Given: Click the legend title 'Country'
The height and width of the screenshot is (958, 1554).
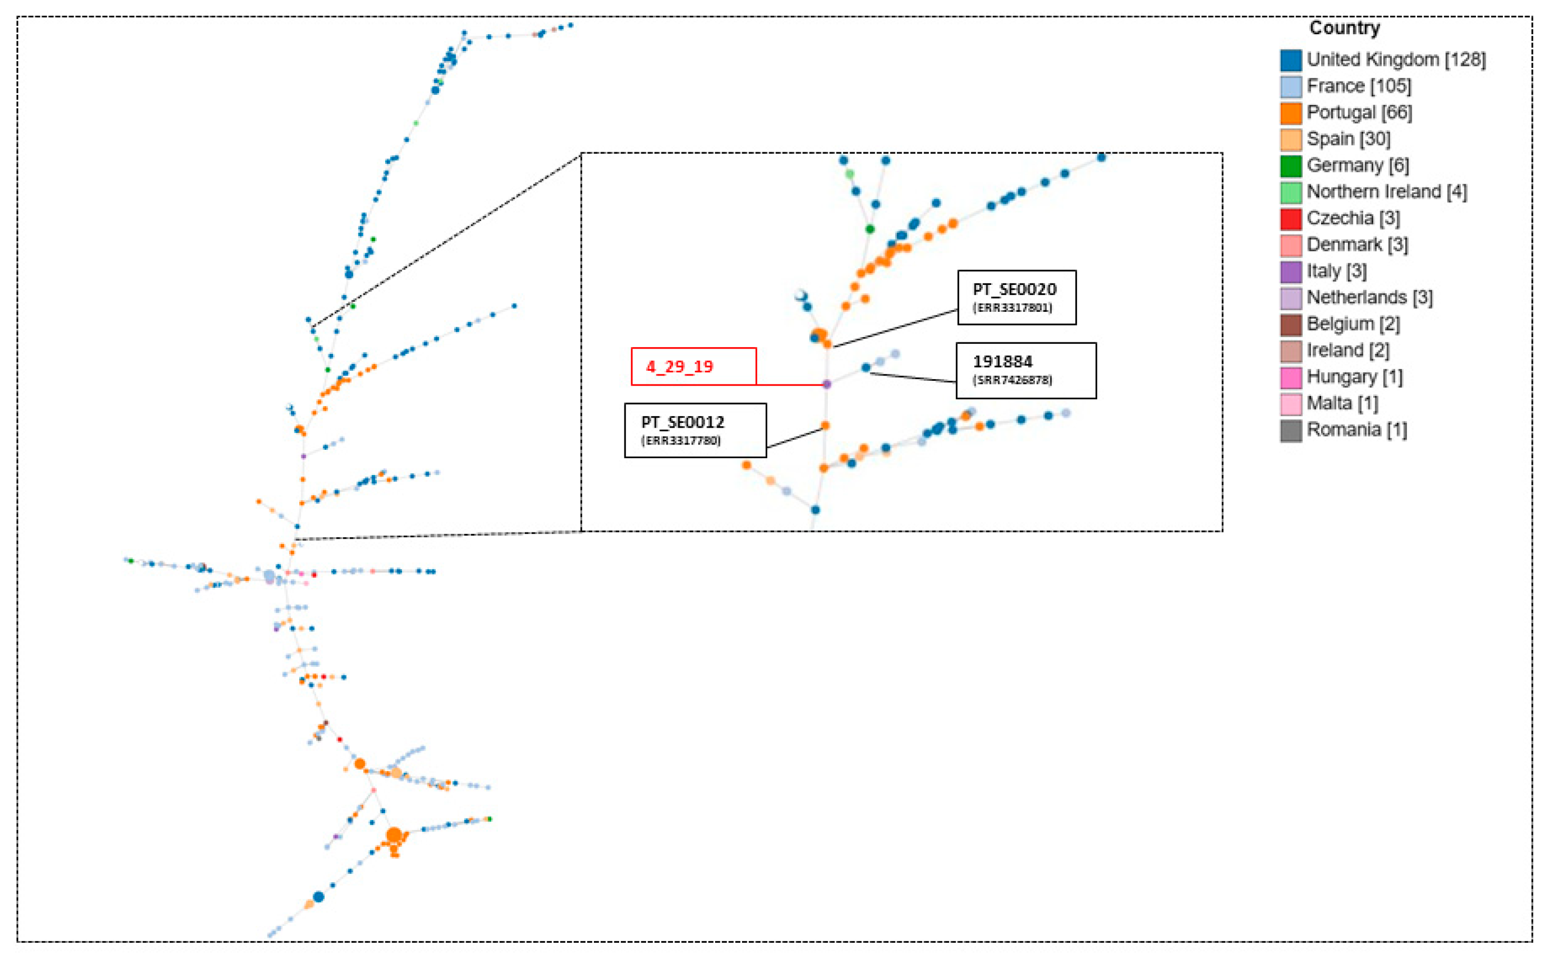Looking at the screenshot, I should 1344,28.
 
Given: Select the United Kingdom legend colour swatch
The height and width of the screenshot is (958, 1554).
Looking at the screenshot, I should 1291,60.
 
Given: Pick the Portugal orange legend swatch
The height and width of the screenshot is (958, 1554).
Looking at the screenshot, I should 1291,113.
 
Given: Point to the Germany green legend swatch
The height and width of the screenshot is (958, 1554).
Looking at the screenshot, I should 1291,166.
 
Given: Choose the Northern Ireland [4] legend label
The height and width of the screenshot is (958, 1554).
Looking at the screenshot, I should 1386,192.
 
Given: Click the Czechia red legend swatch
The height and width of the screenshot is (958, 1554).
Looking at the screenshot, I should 1291,219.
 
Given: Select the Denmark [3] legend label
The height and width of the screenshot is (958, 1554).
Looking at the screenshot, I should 1357,245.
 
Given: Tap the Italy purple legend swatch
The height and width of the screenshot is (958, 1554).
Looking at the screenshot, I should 1291,272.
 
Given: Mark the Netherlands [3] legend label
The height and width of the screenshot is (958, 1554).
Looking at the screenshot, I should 1369,298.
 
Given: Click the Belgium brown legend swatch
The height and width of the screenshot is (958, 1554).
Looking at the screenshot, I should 1291,324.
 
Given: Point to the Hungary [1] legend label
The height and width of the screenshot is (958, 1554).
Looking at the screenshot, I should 1354,378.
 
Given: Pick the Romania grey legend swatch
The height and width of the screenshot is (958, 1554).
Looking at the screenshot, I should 1291,430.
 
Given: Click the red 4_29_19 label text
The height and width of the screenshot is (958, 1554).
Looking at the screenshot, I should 679,367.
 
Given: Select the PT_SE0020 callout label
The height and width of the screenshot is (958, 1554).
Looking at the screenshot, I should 1015,290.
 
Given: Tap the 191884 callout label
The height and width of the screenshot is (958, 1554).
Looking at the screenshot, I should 1003,362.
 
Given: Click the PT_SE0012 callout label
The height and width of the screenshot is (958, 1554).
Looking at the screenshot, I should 682,422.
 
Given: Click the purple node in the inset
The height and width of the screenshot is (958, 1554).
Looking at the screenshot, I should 826,384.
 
